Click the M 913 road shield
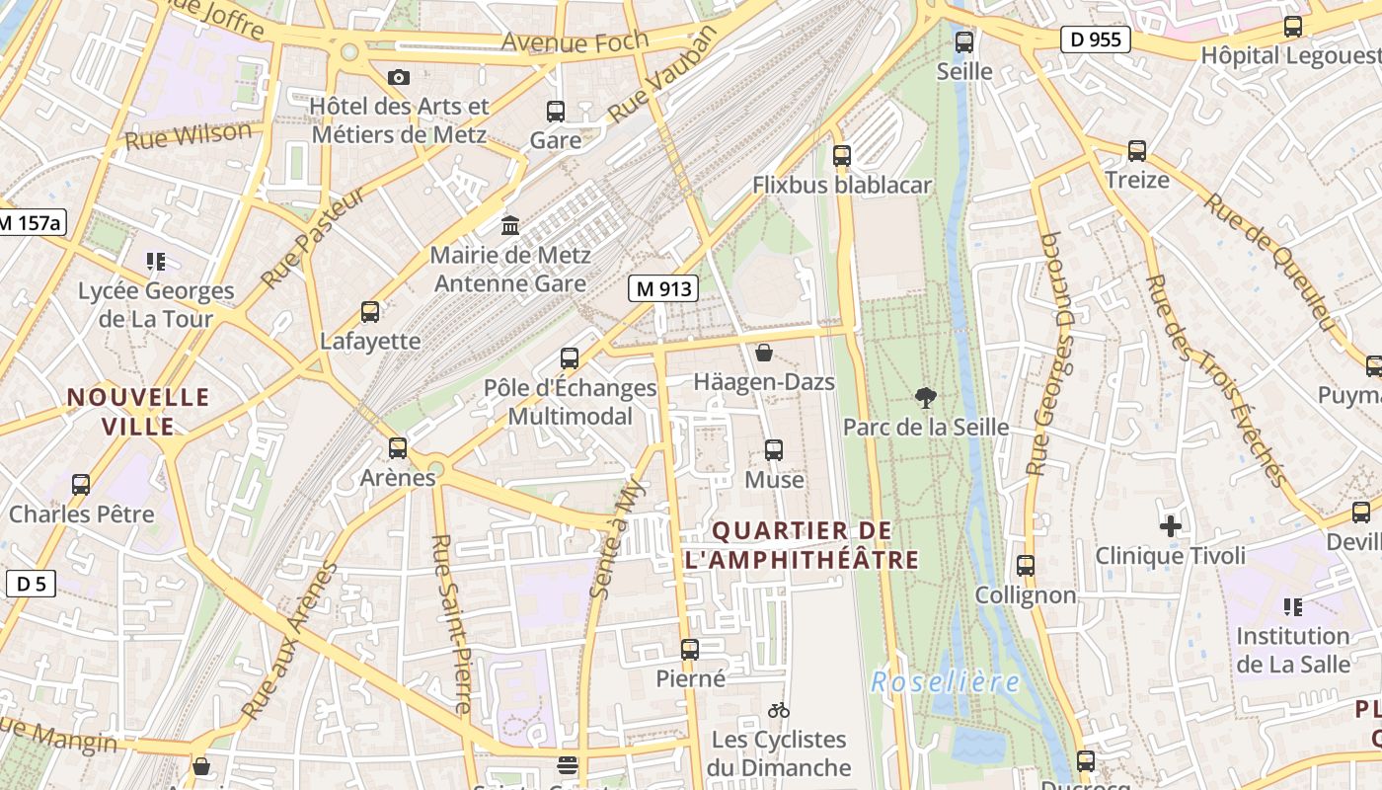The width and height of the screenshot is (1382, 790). [663, 288]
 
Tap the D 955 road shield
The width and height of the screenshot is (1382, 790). [1096, 40]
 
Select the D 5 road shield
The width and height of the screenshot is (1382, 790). [32, 584]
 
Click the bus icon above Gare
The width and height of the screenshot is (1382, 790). [556, 112]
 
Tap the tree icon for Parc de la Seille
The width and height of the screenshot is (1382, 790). [925, 398]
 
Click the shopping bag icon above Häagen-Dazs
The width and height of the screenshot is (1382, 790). [763, 353]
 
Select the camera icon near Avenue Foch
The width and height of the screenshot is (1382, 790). [399, 77]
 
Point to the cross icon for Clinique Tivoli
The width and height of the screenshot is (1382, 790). [1170, 526]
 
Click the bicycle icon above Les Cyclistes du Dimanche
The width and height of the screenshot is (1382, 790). [778, 710]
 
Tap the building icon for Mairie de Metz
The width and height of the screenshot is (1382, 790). [510, 226]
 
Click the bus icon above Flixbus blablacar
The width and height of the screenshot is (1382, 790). [841, 155]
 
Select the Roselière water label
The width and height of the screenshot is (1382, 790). [946, 682]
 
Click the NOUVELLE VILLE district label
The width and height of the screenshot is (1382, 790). [137, 412]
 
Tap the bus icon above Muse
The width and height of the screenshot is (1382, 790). [774, 450]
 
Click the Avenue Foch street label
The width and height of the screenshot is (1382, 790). [575, 41]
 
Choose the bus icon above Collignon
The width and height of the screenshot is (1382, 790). [1026, 566]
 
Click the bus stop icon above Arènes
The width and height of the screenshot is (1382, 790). [398, 448]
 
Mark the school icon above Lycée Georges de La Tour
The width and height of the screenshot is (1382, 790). [156, 262]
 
